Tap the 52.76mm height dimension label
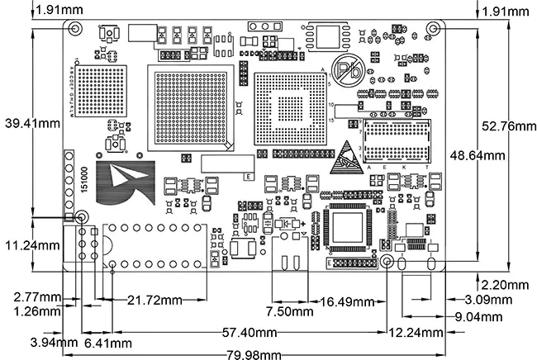pyautogui.click(x=506, y=126)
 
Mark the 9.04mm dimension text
pyautogui.click(x=478, y=315)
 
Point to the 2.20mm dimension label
pyautogui.click(x=506, y=285)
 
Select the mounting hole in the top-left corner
pyautogui.click(x=75, y=28)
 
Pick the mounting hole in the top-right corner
pyautogui.click(x=432, y=28)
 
